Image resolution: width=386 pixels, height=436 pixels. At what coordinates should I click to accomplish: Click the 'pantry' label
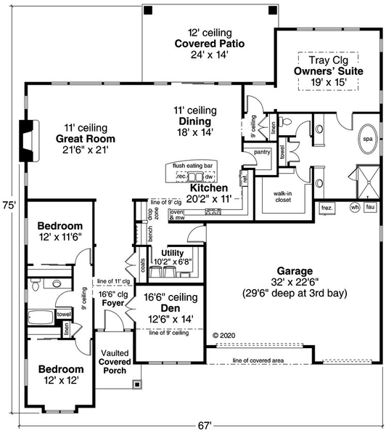point(262,152)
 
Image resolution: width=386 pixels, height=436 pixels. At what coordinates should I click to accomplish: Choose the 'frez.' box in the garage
point(327,207)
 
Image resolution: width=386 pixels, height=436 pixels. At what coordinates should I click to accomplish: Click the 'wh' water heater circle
point(354,207)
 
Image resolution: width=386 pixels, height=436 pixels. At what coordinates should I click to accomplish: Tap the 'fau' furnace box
point(370,207)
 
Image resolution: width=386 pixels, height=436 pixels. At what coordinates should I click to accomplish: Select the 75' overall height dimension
point(7,204)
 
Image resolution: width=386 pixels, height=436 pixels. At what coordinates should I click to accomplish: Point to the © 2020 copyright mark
point(225,335)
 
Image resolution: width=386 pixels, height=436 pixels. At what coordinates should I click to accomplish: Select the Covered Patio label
point(209,44)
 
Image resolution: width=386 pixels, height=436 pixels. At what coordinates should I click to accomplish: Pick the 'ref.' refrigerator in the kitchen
point(245,177)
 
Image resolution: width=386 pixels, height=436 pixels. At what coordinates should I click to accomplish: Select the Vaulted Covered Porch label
point(115,361)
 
